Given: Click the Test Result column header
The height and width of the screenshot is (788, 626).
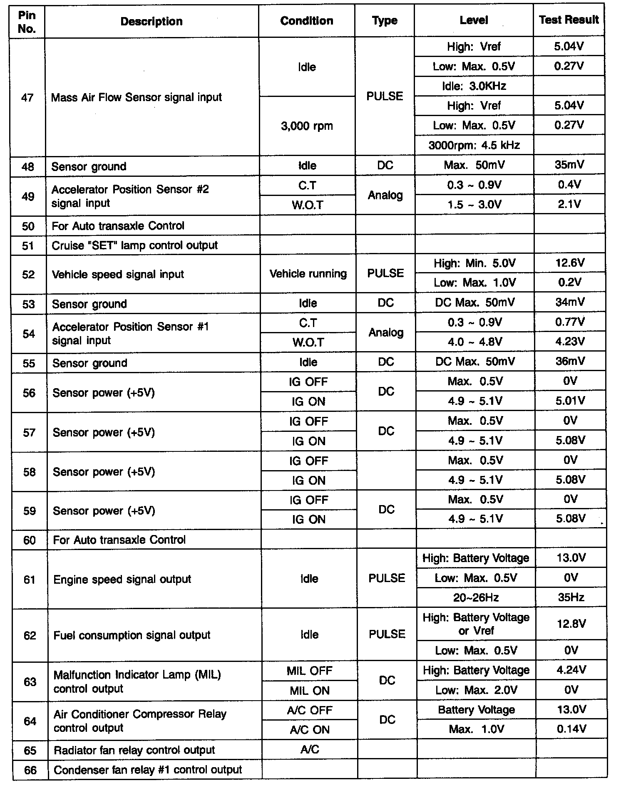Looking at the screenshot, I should [x=569, y=20].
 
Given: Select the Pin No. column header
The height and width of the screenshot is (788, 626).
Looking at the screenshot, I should [x=27, y=22].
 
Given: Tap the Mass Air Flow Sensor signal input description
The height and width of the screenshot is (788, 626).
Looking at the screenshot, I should [x=136, y=97].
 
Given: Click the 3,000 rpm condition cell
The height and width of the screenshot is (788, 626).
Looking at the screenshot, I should [x=307, y=126].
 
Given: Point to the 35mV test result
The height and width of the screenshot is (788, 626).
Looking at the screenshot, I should [x=569, y=165].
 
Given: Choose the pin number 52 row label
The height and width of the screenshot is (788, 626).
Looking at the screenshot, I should [x=28, y=275].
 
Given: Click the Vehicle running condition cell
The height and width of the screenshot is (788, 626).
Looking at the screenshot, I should [x=308, y=274].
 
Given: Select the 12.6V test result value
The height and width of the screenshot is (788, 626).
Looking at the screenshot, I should [x=569, y=263].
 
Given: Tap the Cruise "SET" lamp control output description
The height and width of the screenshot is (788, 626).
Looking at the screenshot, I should [x=134, y=245].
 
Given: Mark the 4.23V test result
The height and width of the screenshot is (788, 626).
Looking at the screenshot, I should [x=570, y=342].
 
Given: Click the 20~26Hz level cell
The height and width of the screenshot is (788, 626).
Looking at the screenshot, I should [x=476, y=598].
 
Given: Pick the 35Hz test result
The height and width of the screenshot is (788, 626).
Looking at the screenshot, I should [x=571, y=598].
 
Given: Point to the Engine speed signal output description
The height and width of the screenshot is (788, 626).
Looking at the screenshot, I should [x=122, y=580].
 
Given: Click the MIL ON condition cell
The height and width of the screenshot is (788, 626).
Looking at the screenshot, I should [x=310, y=691].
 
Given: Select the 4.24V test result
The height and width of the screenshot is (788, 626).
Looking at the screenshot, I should [x=571, y=670].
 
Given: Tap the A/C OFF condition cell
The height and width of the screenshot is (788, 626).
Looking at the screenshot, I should [x=310, y=710].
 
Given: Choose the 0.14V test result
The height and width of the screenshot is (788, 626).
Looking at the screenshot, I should [x=571, y=729].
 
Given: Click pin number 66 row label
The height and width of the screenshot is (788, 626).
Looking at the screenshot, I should [x=30, y=770].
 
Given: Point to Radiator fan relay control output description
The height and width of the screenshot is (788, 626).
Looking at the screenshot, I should [x=134, y=750].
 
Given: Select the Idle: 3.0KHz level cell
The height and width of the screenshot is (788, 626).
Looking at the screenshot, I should [x=474, y=86].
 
